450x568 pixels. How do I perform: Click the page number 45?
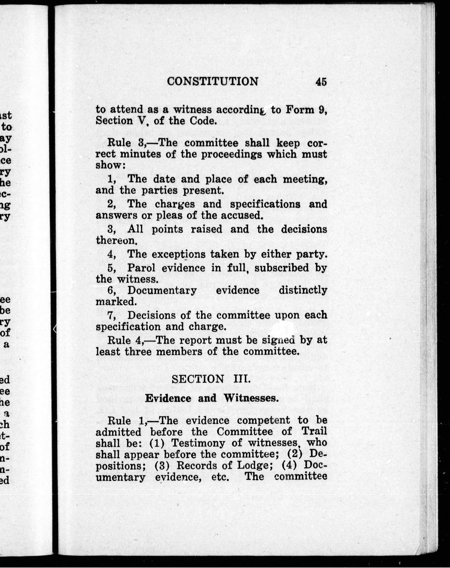coord(321,82)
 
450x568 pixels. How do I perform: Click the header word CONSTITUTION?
coord(213,81)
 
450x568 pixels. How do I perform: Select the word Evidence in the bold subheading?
coord(168,398)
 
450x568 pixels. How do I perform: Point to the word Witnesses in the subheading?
coord(251,398)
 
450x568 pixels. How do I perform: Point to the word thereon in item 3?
coord(115,240)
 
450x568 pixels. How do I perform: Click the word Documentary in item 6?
coord(162,290)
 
